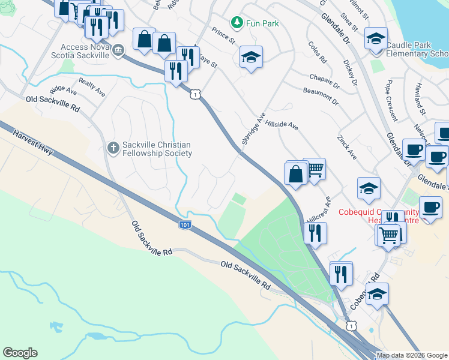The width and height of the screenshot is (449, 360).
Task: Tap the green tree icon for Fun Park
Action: pos(238,23)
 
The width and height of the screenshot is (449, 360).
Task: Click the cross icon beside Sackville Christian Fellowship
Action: pos(113,147)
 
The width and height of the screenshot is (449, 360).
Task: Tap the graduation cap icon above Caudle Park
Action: pos(375,40)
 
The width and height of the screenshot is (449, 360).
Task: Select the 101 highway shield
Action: pos(185,224)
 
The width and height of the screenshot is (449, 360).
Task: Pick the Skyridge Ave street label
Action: pos(252,127)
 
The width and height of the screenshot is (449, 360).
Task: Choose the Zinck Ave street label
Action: pos(347,147)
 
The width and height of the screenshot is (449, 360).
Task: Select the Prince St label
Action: pos(223,34)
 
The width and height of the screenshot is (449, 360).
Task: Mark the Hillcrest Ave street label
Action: pos(318,209)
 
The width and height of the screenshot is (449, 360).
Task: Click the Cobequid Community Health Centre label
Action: pos(378,216)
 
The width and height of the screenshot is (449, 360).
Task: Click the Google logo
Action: pos(20,353)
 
